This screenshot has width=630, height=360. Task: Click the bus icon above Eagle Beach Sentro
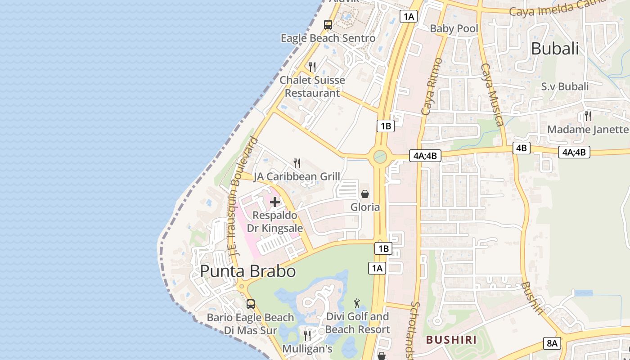328,25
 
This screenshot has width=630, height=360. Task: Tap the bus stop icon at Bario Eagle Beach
251,304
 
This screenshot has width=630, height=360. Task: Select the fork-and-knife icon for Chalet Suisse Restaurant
312,67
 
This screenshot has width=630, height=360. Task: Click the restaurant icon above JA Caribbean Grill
297,163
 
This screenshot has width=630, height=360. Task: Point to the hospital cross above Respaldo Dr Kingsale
274,202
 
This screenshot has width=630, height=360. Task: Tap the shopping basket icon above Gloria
365,194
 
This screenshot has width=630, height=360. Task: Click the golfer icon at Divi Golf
357,303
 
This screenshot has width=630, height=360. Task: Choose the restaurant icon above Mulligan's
307,335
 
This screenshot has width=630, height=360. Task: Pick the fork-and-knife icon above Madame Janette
588,116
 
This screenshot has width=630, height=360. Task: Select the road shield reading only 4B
521,148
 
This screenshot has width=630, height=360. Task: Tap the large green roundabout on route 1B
380,157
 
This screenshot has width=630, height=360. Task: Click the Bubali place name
555,49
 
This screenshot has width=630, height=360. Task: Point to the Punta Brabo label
248,271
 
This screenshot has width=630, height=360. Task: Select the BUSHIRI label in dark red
451,340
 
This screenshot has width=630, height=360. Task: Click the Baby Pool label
454,29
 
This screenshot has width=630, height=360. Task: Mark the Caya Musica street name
492,94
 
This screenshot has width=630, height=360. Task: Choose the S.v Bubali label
565,86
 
